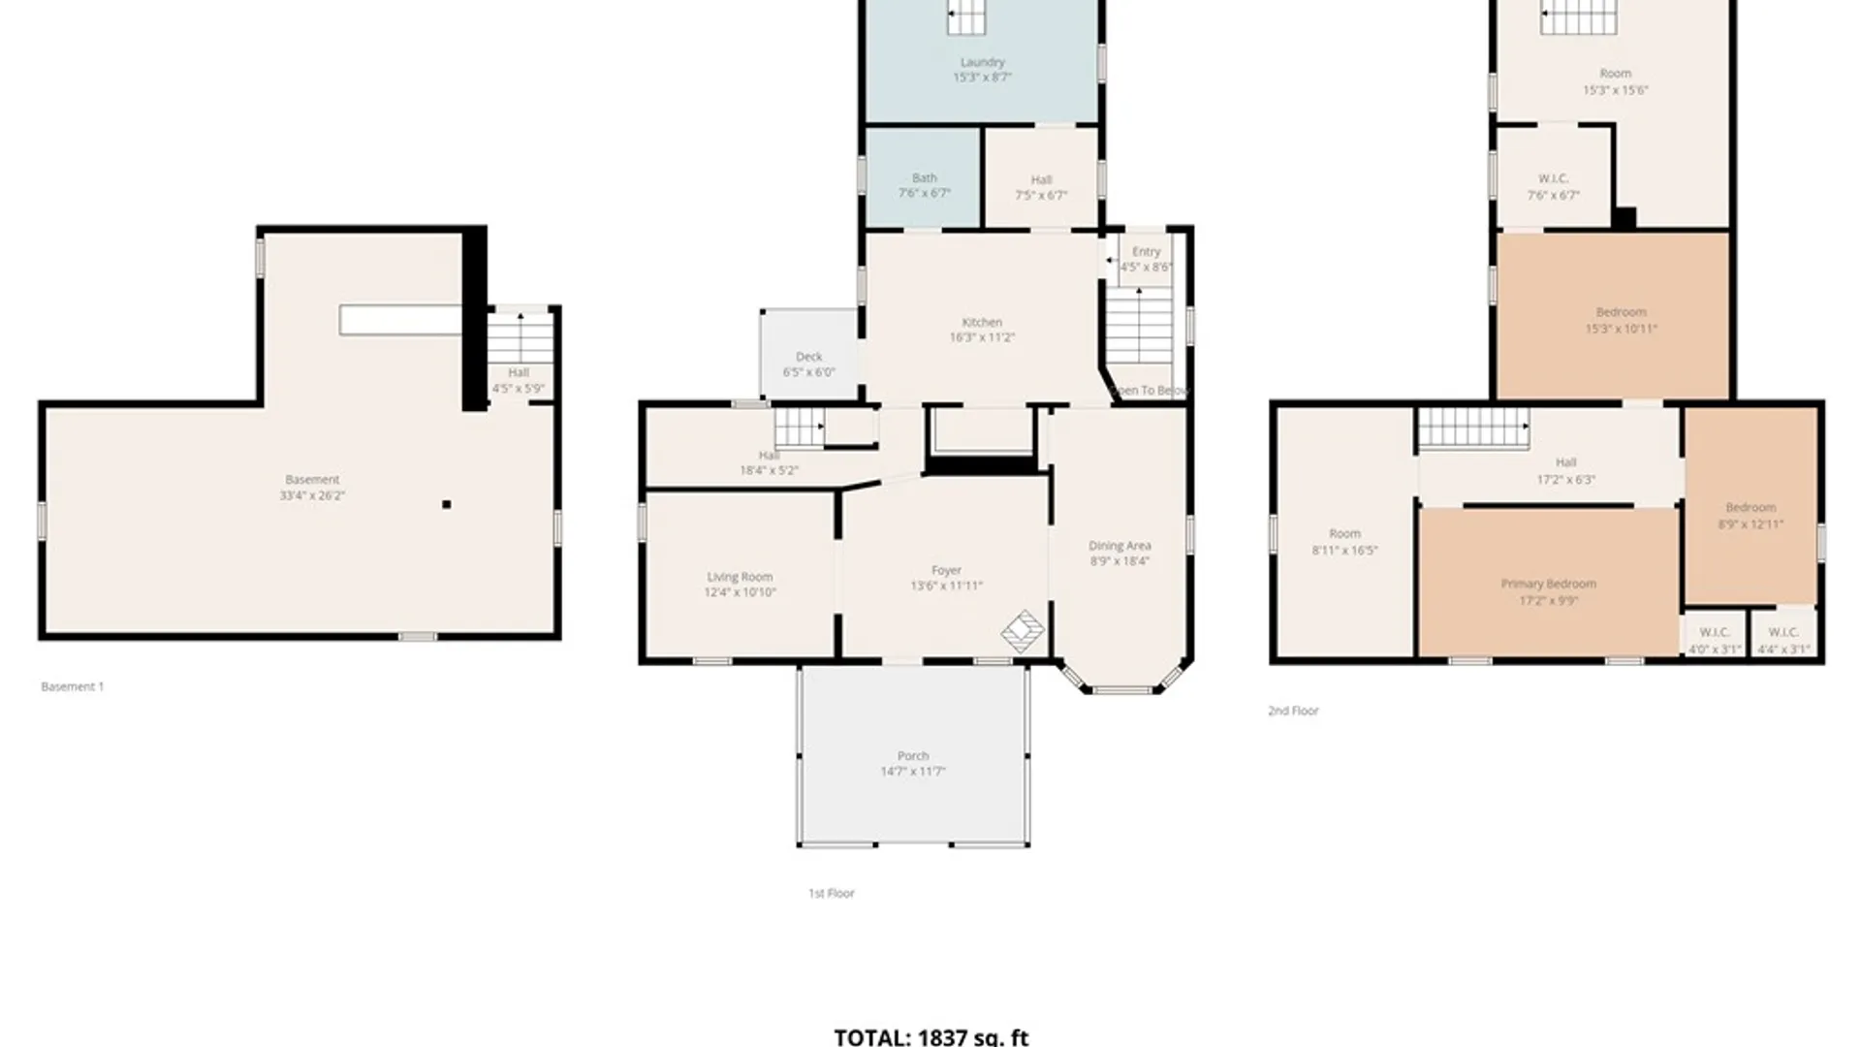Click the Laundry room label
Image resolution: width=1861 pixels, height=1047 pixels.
(x=982, y=62)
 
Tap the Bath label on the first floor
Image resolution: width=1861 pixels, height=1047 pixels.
(x=924, y=178)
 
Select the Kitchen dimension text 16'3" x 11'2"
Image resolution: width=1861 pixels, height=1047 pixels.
(x=982, y=337)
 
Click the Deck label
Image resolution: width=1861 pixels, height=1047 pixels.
(x=808, y=357)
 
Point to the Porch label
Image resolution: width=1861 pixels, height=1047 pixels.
(x=912, y=756)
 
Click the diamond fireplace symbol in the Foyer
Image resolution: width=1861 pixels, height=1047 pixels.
(x=1023, y=631)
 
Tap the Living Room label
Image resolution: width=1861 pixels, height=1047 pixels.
(x=740, y=577)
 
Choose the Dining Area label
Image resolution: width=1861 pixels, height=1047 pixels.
(x=1120, y=546)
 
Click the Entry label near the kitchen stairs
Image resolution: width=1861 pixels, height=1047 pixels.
(x=1146, y=251)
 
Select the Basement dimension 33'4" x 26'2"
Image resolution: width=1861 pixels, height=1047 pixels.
(x=312, y=495)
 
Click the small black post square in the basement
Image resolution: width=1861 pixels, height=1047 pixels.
(x=446, y=504)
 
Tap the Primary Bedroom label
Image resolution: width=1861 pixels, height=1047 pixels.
(x=1548, y=584)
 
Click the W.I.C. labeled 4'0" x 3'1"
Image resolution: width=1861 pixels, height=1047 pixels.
(x=1714, y=641)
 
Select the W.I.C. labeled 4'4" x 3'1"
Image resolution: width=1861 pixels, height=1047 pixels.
(x=1783, y=641)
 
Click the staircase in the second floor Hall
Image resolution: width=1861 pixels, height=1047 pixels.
(x=1473, y=428)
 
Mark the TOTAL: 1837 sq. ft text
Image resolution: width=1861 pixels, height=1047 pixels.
(x=930, y=1036)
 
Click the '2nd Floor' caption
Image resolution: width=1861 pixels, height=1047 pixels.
(x=1293, y=711)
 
